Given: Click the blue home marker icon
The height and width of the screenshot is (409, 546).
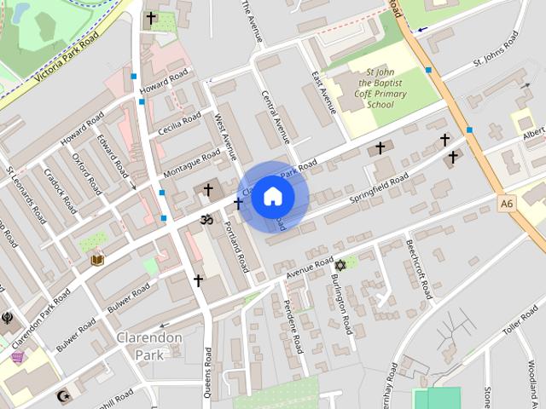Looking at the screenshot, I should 272,196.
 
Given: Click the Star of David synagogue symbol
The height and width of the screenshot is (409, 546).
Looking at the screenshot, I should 340,266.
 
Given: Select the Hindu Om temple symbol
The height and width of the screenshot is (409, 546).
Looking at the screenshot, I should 205,220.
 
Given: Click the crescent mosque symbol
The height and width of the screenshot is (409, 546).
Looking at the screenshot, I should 61,395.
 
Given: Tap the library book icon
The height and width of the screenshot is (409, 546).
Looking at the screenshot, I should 97,259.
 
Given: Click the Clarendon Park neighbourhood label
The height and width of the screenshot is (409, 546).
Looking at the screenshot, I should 150,346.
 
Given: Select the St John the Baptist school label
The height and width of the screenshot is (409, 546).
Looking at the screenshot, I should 376,88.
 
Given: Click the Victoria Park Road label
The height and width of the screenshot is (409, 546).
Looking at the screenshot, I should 65,63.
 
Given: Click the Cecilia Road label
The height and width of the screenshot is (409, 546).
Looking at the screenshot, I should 180,124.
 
